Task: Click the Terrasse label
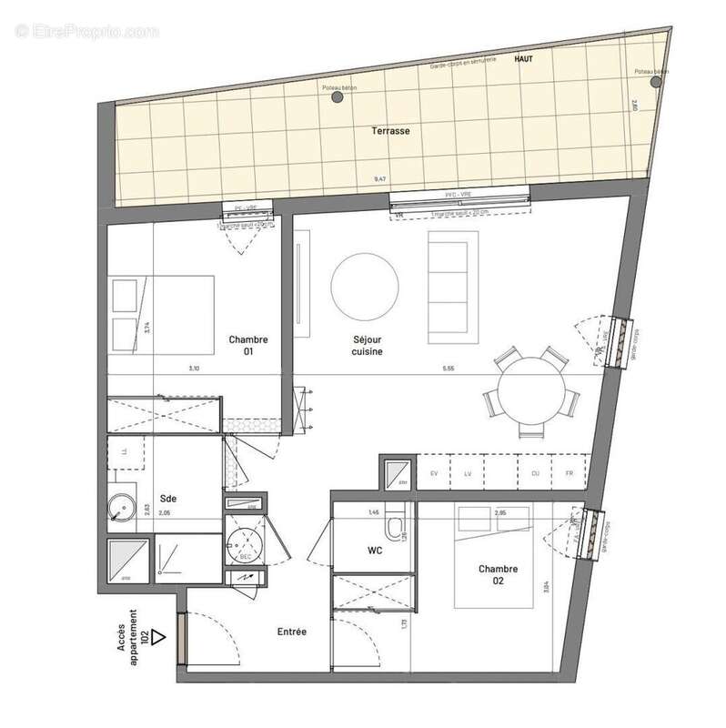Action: coord(389,131)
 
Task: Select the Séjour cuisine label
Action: coord(368,345)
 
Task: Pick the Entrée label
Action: coord(291,631)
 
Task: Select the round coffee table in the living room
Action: coord(364,283)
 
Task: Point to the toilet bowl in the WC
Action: coord(395,530)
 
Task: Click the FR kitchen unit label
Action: coord(569,474)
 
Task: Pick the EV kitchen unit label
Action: coord(433,474)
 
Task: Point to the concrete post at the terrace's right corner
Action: coord(655,81)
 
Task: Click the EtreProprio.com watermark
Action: coord(87,31)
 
